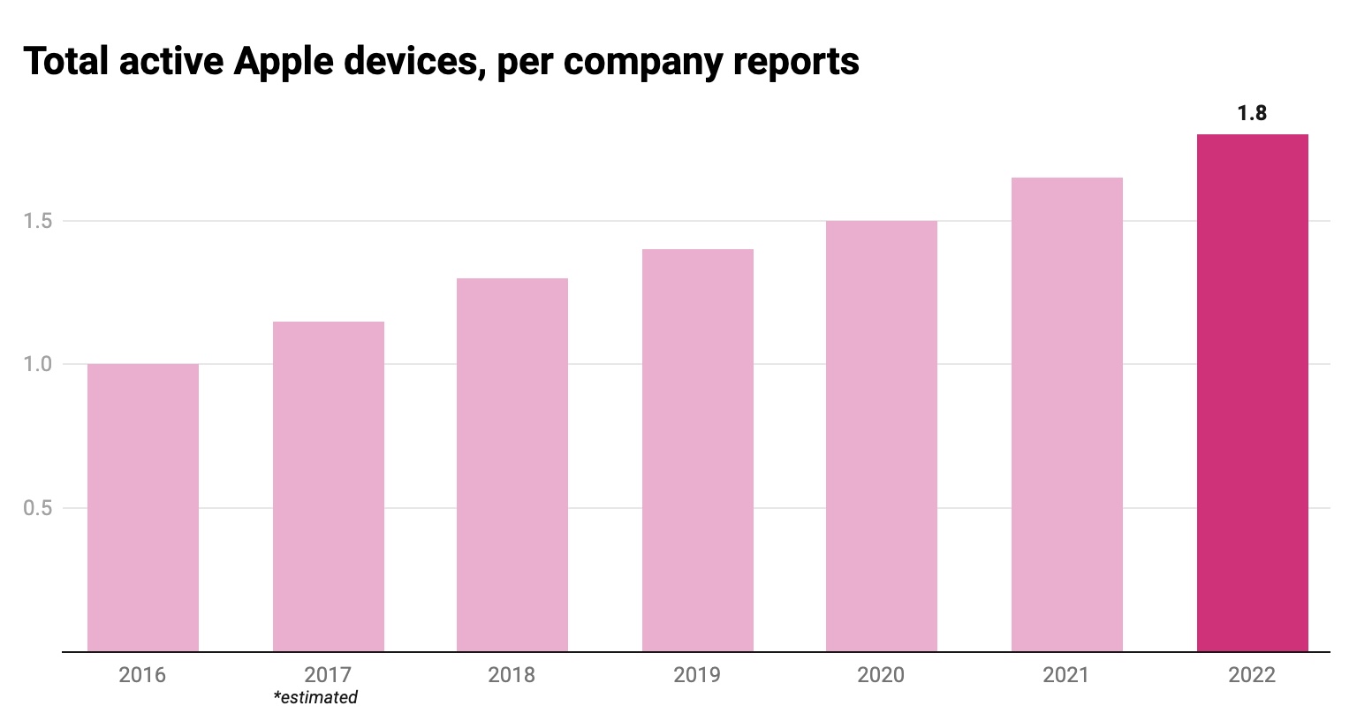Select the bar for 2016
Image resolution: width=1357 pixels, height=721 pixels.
[143, 508]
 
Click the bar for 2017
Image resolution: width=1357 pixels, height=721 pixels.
[329, 487]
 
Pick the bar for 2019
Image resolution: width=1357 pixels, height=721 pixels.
[698, 451]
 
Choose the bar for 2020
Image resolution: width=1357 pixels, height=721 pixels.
[882, 436]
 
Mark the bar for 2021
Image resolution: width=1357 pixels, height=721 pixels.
[1067, 415]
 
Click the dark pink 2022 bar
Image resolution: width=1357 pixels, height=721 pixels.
[1253, 393]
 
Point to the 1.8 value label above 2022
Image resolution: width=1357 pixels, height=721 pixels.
[1252, 113]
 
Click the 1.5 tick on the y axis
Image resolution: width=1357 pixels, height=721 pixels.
[38, 221]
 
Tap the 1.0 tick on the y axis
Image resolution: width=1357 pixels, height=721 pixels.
[38, 364]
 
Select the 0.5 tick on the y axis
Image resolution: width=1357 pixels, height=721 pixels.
[38, 508]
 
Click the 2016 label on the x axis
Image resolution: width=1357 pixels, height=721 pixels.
[142, 675]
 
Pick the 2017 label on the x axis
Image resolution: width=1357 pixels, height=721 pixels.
[328, 675]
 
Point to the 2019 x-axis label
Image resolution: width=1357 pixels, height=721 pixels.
[697, 675]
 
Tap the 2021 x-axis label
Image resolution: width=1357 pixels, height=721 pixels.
[1066, 675]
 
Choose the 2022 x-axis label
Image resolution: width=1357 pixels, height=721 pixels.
[1252, 675]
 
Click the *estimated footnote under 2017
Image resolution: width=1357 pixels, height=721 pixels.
[315, 698]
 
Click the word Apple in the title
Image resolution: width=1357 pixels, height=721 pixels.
[285, 62]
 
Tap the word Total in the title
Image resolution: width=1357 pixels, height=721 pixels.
[66, 62]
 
